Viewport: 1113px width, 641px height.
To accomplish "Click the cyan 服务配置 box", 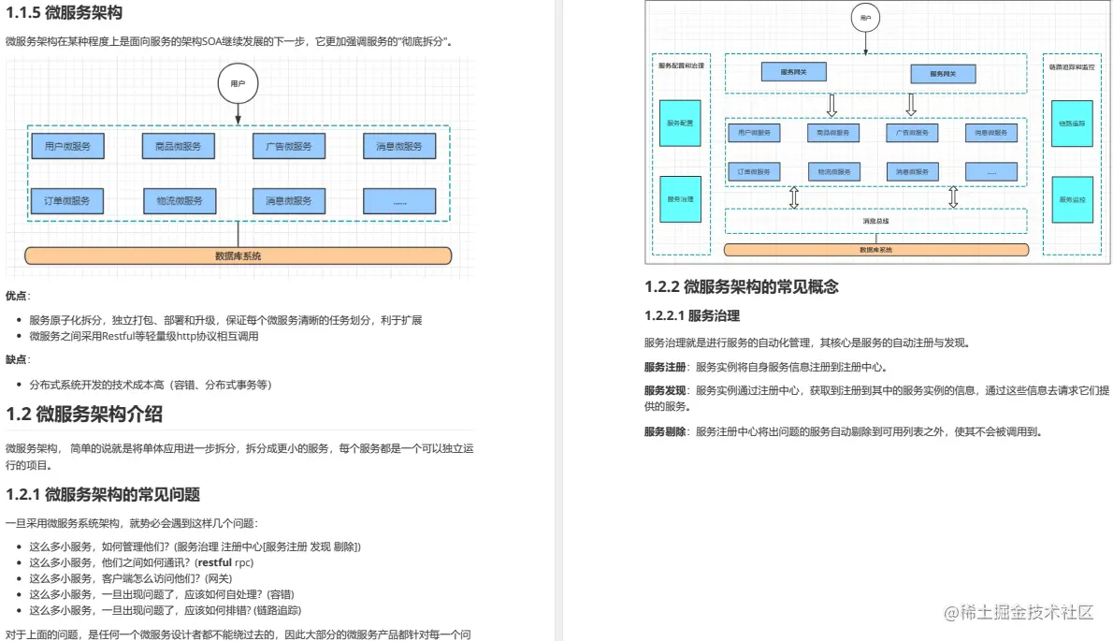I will (x=680, y=123).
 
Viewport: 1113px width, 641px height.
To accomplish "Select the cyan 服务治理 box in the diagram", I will (x=680, y=199).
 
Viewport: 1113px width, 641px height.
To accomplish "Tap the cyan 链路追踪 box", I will (x=1072, y=123).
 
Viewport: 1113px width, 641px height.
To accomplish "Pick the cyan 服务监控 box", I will (x=1072, y=199).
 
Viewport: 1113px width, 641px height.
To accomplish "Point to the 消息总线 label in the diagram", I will (x=875, y=221).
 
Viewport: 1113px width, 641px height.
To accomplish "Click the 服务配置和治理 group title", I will (x=680, y=66).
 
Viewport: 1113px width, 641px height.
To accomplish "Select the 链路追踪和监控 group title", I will (x=1072, y=66).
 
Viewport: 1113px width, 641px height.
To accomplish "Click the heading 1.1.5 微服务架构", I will (x=64, y=13).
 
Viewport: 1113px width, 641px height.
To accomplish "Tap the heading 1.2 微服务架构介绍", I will (x=85, y=414).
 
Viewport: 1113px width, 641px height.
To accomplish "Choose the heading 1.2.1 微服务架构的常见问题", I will (x=103, y=494).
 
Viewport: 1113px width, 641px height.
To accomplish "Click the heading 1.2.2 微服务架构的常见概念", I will (x=742, y=286).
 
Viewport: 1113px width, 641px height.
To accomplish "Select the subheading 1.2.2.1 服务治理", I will (x=692, y=315).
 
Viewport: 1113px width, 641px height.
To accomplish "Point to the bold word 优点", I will (x=17, y=296).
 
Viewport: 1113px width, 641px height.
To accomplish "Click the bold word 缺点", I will (x=17, y=359).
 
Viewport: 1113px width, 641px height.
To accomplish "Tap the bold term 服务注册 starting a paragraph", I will (x=665, y=367).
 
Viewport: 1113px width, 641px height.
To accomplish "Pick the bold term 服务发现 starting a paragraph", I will (x=665, y=390).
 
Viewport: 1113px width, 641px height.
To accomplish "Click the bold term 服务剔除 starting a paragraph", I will (x=665, y=431).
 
